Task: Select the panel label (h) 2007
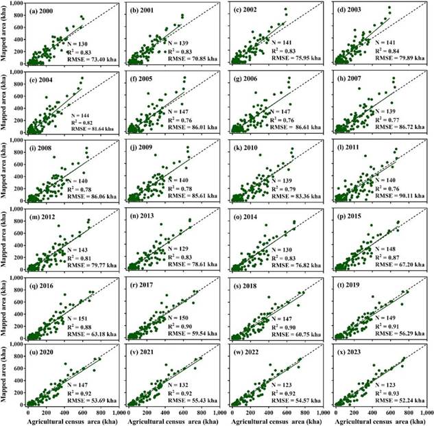click(356, 82)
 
